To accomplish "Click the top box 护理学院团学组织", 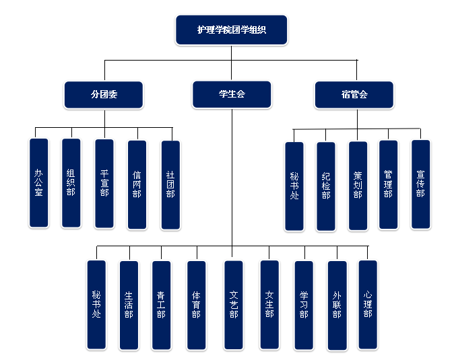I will pos(231,30).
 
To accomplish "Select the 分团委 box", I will pos(104,95).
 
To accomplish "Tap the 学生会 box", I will pos(231,95).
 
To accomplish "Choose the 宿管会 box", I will pos(354,95).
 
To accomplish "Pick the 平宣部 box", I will pos(104,183).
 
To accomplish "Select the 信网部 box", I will pos(137,184).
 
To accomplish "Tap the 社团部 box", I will pos(170,184).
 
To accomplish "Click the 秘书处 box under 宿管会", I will pos(294,186).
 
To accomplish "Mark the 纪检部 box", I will pos(325,186).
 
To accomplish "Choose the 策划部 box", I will pos(358,186).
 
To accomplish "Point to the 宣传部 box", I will pos(420,184).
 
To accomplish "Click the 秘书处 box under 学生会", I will pos(96,304).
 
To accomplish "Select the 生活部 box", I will pos(128,305).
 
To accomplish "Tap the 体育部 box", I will pos(196,305).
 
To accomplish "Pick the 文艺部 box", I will pos(233,304).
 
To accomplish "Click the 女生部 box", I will pos(269,304).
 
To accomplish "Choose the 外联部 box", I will pos(336,305).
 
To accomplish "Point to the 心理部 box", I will pos(367,304).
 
